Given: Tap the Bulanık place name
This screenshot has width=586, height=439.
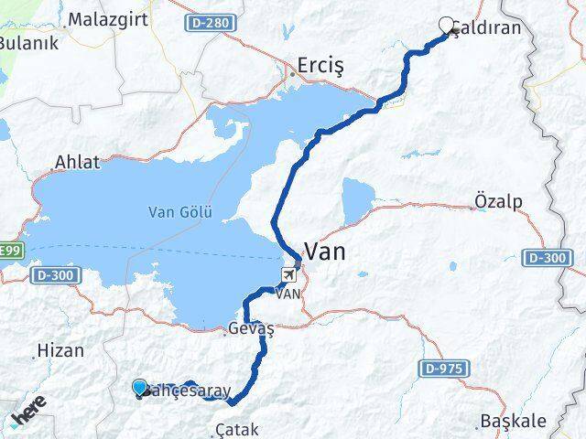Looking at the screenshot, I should (x=28, y=43).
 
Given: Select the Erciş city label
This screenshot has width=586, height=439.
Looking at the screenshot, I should (x=320, y=67).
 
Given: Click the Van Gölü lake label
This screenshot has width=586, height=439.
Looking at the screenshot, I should (x=180, y=213).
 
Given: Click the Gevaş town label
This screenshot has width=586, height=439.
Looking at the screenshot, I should (x=250, y=329).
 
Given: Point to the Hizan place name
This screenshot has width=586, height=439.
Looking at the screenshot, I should (x=60, y=350).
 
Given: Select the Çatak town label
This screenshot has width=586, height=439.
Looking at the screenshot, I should (x=236, y=429).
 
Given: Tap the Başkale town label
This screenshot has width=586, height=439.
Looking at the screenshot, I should (x=514, y=422).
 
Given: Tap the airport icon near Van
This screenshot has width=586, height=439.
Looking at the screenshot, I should (x=289, y=274).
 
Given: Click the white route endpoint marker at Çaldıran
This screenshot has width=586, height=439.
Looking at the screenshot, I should (x=447, y=26).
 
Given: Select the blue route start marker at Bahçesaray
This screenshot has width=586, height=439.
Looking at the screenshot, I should (x=139, y=389).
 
